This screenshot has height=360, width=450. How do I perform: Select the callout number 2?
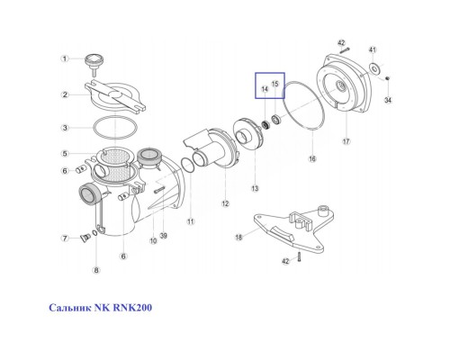(64, 94)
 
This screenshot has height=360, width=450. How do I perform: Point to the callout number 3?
(64, 128)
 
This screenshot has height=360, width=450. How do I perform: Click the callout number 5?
(64, 153)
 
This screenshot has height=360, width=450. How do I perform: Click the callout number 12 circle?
(225, 203)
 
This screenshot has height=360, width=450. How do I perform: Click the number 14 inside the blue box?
(265, 90)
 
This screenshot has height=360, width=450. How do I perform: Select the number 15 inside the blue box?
(276, 84)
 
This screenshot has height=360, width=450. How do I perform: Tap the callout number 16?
(311, 159)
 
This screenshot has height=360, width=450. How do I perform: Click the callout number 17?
(345, 140)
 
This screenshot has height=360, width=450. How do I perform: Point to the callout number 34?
(388, 101)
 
